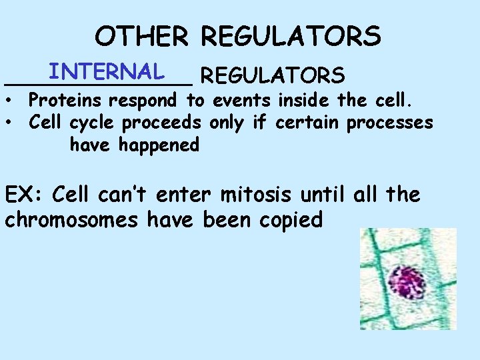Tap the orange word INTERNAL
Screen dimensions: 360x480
click(x=107, y=71)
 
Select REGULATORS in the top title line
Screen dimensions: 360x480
click(x=291, y=36)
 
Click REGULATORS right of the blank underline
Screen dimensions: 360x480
click(x=272, y=75)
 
